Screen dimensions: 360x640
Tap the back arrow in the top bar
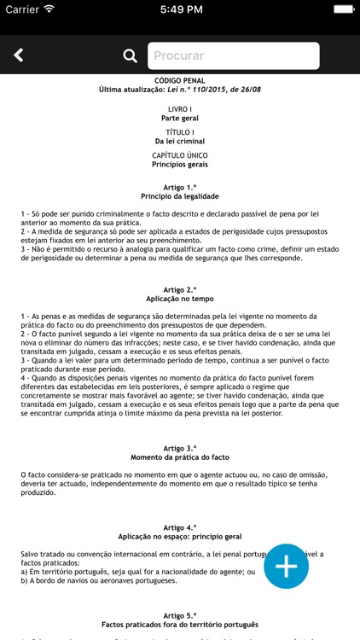[x=18, y=55]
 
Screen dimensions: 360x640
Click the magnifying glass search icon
[x=130, y=56]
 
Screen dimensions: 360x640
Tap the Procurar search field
[x=233, y=56]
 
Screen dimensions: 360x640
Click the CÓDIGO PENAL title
[x=179, y=80]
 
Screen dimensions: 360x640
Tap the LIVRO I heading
[x=179, y=109]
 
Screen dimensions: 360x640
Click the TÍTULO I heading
[x=179, y=132]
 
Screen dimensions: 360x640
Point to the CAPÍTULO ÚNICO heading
[x=179, y=155]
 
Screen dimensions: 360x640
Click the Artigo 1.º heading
[x=179, y=187]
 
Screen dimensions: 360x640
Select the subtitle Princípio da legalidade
[x=179, y=196]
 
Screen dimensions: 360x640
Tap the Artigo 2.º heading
[x=179, y=290]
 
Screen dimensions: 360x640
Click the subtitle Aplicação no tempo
[x=179, y=300]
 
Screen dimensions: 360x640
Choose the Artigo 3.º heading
[x=179, y=448]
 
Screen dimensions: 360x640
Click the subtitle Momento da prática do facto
[x=179, y=457]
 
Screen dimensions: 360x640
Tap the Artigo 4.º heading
[x=179, y=528]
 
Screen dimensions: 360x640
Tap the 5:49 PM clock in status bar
[x=179, y=9]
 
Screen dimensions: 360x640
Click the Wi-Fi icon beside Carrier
[x=49, y=9]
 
